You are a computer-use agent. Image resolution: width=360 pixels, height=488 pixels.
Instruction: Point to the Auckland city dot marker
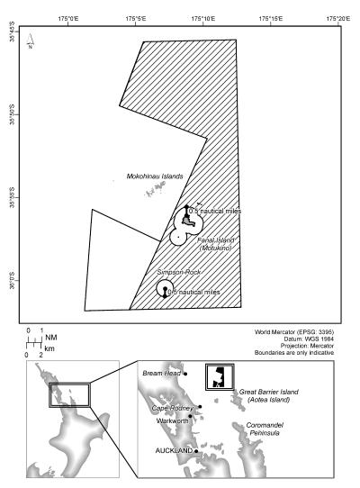(196, 448)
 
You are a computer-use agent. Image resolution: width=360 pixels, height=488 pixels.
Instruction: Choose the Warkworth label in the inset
(171, 419)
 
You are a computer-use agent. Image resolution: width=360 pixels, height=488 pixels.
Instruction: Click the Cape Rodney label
(174, 408)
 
